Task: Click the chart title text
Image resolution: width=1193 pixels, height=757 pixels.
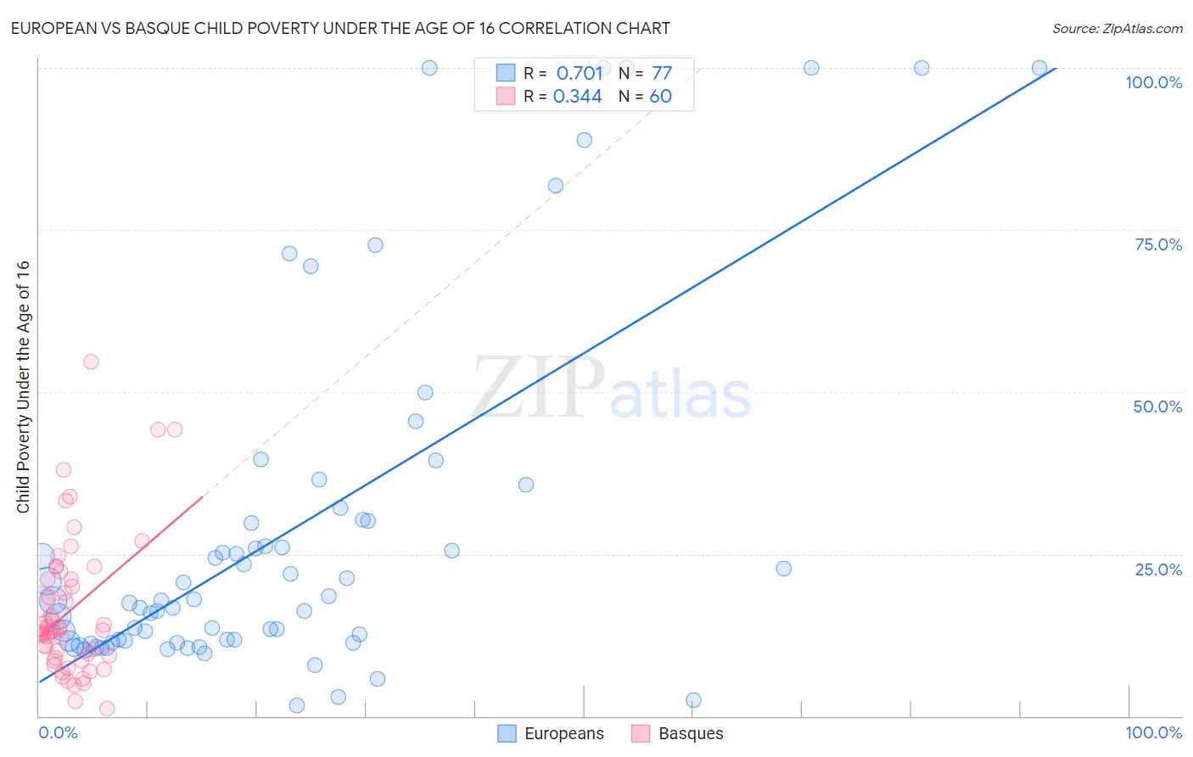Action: coord(340,28)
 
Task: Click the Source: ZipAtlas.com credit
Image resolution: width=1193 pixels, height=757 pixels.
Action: coord(1117,28)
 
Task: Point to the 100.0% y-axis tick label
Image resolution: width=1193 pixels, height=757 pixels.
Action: coord(1153,82)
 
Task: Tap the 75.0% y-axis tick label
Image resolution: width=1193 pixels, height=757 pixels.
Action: coord(1158,244)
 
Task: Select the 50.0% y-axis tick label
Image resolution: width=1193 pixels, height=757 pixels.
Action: coord(1157,407)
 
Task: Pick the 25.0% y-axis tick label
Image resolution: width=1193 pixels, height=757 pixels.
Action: coord(1158,569)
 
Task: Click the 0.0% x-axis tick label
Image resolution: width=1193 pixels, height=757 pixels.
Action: coord(58,732)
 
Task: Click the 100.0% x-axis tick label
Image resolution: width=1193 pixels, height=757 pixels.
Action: coord(1153,732)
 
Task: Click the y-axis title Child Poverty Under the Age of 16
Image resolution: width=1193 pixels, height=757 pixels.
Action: coord(23,386)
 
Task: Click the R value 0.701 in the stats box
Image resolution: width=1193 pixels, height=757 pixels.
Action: coord(580,74)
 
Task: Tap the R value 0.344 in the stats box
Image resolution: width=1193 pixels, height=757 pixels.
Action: coord(578,97)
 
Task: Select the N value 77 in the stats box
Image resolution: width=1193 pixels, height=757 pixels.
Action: coord(662,74)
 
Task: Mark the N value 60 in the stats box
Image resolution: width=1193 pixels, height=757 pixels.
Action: coord(660,97)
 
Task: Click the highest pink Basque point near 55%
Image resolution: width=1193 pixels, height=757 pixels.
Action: coord(91,362)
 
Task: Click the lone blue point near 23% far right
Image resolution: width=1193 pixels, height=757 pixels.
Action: coord(784,569)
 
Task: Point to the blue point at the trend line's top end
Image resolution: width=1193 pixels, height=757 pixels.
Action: coord(1039,68)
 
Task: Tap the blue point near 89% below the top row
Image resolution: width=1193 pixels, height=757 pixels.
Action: coord(585,140)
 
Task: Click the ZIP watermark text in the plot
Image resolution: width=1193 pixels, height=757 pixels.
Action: coord(538,389)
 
